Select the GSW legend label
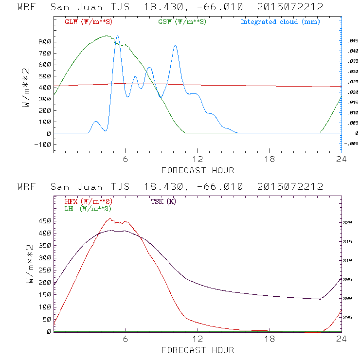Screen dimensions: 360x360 pyautogui.click(x=182, y=22)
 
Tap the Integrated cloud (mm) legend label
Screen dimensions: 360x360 pyautogui.click(x=280, y=22)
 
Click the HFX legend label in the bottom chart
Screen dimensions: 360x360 pyautogui.click(x=88, y=201)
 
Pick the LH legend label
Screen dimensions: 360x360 pyautogui.click(x=88, y=208)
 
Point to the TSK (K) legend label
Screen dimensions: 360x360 pyautogui.click(x=164, y=201)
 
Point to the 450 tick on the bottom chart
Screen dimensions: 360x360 pyautogui.click(x=45, y=221)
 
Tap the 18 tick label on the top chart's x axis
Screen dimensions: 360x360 pyautogui.click(x=270, y=160)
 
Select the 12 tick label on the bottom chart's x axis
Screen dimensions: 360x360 pyautogui.click(x=198, y=340)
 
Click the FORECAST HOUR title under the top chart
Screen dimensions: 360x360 pyautogui.click(x=198, y=170)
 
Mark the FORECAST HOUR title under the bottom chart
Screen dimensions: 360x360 pyautogui.click(x=198, y=350)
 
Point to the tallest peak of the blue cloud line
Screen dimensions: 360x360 pyautogui.click(x=117, y=36)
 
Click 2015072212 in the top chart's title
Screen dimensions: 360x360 pyautogui.click(x=290, y=7)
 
